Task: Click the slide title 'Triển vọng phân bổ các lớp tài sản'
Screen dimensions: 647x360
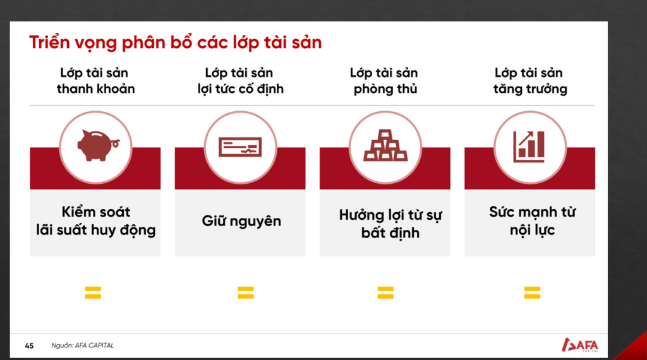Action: click(176, 43)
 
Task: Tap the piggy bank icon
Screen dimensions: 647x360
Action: click(98, 145)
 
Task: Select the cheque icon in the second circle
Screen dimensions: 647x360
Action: click(240, 147)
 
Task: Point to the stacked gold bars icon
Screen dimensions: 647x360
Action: click(385, 145)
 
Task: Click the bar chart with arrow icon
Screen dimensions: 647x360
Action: click(529, 147)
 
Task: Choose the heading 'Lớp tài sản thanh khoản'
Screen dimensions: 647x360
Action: click(95, 81)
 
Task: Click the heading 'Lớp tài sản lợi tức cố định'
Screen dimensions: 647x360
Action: click(240, 81)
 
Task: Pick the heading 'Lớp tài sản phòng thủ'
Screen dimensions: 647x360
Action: click(385, 81)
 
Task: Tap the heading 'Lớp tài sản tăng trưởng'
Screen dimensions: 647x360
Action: click(530, 81)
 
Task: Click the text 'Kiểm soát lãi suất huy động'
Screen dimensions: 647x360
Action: click(96, 221)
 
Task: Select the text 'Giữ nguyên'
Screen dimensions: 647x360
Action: click(241, 222)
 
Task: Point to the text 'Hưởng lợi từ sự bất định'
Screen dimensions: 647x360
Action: click(390, 224)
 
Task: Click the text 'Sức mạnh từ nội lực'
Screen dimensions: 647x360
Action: click(532, 221)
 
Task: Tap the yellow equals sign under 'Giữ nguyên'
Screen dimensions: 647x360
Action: click(246, 292)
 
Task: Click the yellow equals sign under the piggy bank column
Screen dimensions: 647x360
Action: click(93, 292)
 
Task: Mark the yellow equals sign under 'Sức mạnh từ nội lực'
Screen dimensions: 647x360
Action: click(532, 292)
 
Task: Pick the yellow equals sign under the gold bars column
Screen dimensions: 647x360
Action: click(385, 292)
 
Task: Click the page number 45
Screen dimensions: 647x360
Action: click(29, 346)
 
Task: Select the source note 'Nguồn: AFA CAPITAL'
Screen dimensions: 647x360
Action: click(83, 345)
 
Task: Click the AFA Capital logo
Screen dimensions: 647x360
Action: click(580, 345)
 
